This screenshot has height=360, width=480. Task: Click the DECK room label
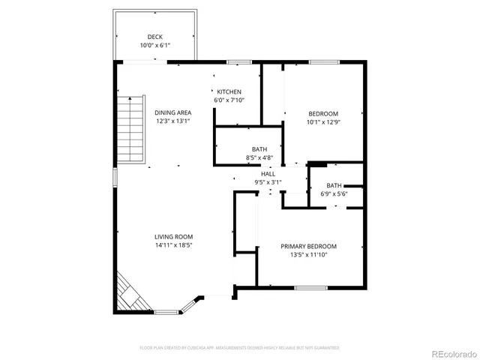tap(155, 37)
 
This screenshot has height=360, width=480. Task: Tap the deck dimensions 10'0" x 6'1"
tap(155, 46)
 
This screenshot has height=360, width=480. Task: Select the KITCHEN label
tap(229, 91)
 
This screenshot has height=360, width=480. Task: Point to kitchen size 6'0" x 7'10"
tap(229, 100)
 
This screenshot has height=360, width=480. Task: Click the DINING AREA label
tap(173, 112)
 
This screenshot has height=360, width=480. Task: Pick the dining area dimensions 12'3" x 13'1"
tap(173, 121)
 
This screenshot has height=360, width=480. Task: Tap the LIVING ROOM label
tap(173, 236)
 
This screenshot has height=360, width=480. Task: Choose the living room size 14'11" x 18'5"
tap(173, 245)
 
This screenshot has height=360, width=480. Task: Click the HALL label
tap(268, 173)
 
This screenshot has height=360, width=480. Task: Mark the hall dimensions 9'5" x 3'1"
tap(268, 181)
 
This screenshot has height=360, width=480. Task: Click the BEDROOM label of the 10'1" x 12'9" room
tap(322, 112)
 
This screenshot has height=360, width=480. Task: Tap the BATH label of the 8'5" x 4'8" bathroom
tap(259, 149)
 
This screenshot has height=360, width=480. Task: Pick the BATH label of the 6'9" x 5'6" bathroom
tap(334, 185)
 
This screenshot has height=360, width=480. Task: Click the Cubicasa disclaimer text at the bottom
tap(240, 348)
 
